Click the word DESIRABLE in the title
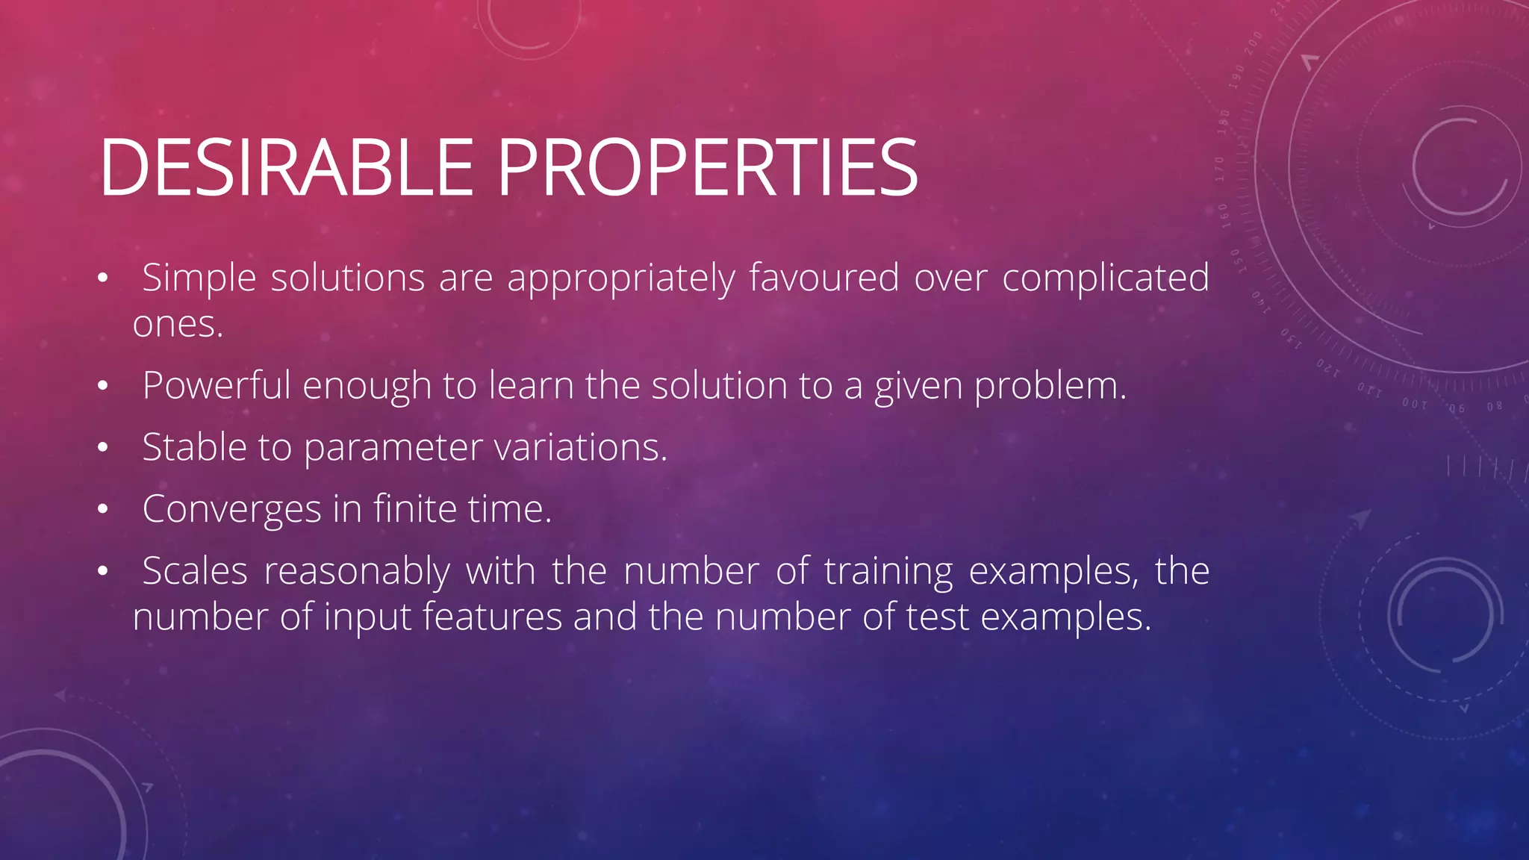(x=286, y=168)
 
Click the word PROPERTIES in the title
(x=707, y=168)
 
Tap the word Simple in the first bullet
(x=199, y=278)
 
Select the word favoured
(x=823, y=278)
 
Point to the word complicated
(x=1105, y=278)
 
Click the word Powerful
(x=216, y=386)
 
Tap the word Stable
(x=194, y=448)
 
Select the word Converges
(x=232, y=510)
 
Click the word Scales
(x=195, y=572)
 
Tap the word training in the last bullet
(x=888, y=572)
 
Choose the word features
(x=492, y=618)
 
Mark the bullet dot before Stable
(x=103, y=448)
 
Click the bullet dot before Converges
(x=103, y=510)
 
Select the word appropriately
(x=621, y=278)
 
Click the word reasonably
(x=357, y=572)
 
